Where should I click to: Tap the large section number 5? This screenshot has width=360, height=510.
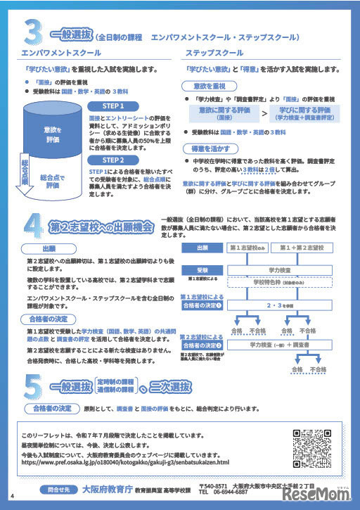pyautogui.click(x=32, y=386)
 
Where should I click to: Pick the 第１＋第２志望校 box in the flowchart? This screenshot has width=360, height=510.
pyautogui.click(x=298, y=248)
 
